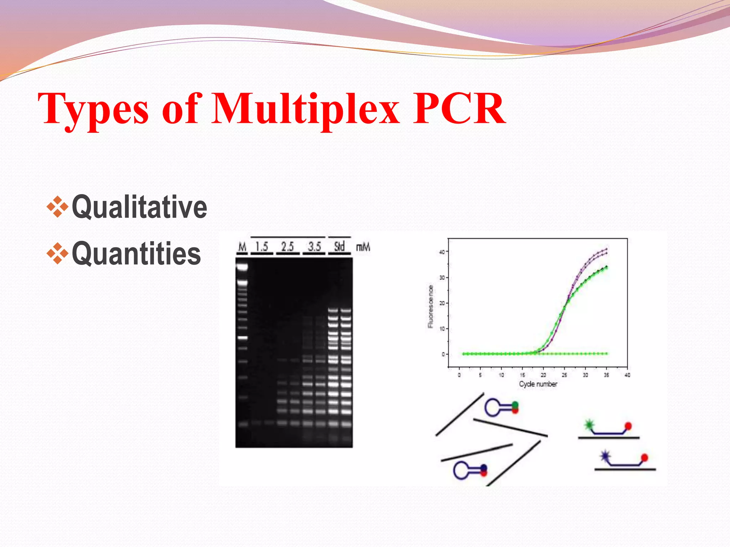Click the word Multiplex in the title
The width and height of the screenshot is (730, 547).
coord(305,109)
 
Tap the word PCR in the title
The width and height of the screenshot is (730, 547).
coord(459,109)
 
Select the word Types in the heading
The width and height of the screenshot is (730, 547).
coord(93,109)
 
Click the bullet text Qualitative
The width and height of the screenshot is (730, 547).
coord(139,207)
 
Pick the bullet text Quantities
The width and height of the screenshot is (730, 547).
coord(136,253)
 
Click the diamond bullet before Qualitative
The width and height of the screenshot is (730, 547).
coord(57,206)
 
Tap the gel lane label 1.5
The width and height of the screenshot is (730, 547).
coord(262,246)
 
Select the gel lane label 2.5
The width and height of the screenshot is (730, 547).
coord(288,246)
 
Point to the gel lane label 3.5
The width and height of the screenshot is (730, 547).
coord(314,246)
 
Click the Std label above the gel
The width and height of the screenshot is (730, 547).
coord(339,246)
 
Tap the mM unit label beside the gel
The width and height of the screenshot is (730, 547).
coord(363,247)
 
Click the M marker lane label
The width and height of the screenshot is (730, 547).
coord(242,246)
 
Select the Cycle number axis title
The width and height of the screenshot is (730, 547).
coord(538,384)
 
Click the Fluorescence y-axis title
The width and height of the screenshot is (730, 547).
coord(431,306)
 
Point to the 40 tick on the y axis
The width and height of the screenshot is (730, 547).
coord(442,252)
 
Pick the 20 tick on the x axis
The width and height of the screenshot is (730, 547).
coord(543,375)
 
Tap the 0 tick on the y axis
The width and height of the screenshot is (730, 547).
coord(443,354)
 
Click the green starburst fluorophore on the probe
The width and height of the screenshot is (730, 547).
coord(589,424)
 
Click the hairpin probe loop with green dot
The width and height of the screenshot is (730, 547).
coord(494,407)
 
